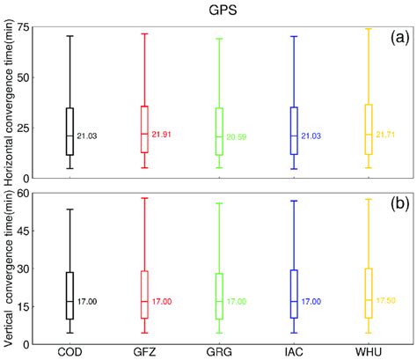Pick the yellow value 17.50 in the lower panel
(386, 301)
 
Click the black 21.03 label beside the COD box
(86, 136)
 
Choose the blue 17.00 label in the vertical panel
(311, 302)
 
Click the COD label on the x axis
(69, 353)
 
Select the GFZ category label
(144, 353)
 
